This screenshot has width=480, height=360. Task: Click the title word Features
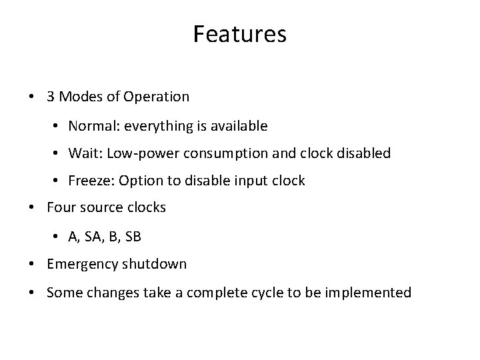tap(239, 34)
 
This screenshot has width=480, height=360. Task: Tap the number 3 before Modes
tap(51, 97)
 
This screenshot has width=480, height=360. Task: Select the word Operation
tap(159, 97)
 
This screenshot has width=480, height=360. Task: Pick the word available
tap(240, 125)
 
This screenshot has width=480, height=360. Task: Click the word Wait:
tap(83, 153)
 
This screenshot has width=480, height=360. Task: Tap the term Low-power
tap(134, 153)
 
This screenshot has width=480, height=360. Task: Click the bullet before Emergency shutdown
tap(33, 264)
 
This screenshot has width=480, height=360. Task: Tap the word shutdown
tap(155, 264)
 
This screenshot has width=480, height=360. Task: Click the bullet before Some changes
tap(33, 292)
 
